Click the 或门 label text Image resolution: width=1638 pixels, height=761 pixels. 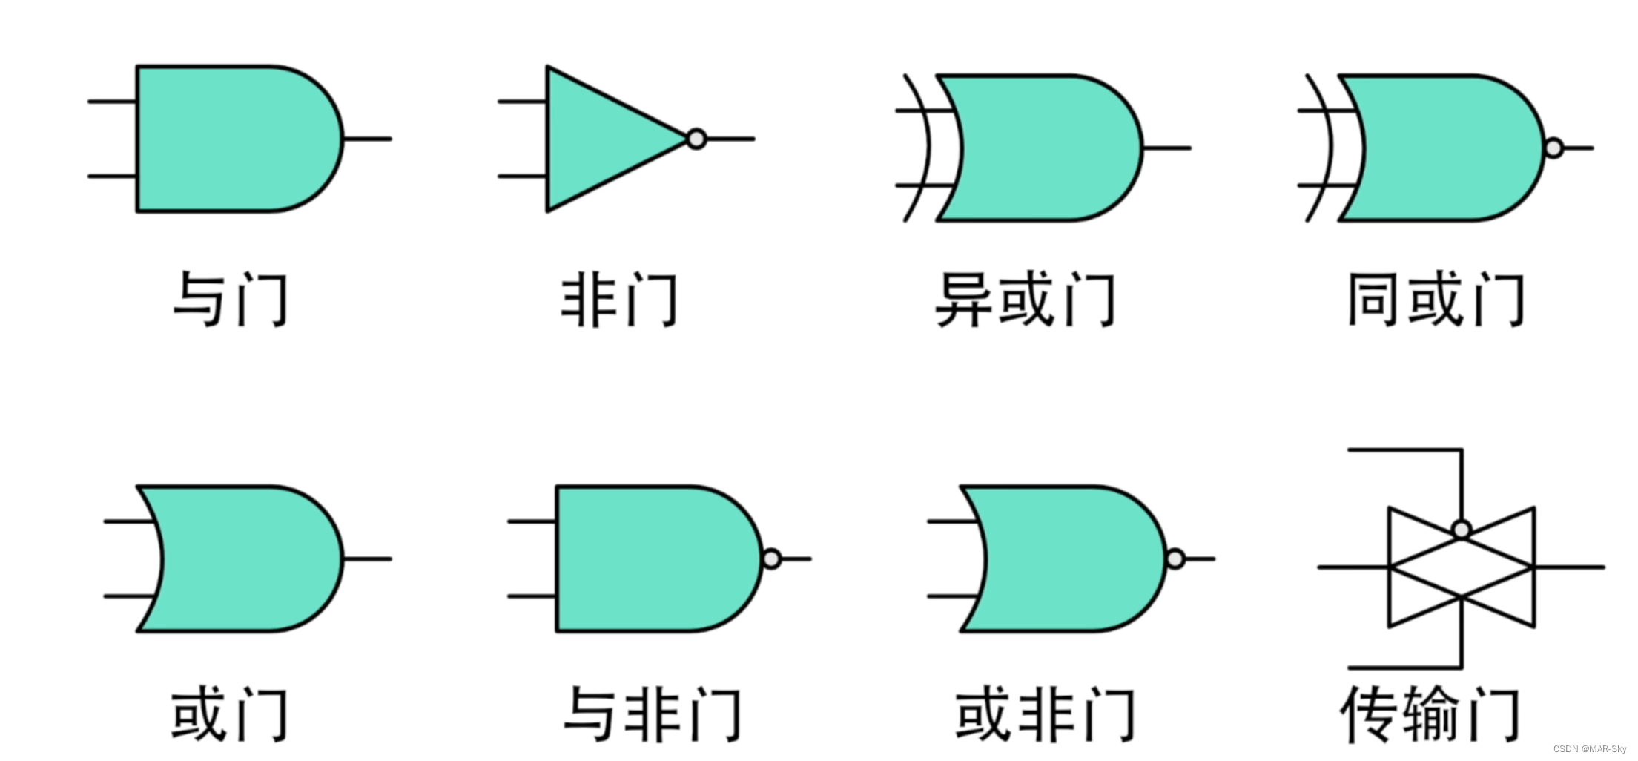229,714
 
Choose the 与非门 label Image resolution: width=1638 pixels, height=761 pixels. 653,714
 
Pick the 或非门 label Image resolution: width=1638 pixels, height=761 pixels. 1045,714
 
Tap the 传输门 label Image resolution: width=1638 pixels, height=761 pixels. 1430,714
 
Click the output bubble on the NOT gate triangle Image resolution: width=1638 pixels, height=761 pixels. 696,139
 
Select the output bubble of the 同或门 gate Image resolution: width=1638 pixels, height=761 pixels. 1553,148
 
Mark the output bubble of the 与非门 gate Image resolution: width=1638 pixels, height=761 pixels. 772,559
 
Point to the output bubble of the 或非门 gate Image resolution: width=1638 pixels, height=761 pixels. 1175,559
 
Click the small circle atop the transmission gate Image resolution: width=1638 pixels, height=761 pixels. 1462,530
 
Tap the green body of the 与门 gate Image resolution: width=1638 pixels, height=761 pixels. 230,139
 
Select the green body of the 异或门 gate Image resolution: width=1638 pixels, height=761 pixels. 1046,148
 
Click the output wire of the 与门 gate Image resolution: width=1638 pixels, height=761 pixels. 368,139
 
